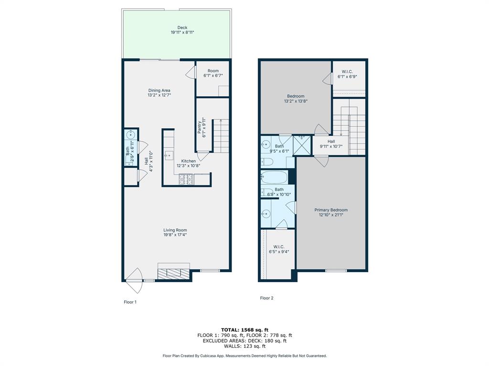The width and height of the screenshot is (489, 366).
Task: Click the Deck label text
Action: pyautogui.click(x=182, y=28)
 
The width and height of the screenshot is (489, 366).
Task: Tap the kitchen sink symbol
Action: pyautogui.click(x=168, y=155)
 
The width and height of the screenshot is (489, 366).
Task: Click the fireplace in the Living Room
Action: pyautogui.click(x=173, y=273)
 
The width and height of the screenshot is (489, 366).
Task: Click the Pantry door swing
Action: pyautogui.click(x=202, y=155)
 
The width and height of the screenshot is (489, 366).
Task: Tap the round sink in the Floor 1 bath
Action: pyautogui.click(x=130, y=135)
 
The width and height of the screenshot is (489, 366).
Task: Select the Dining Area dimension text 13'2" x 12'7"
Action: pyautogui.click(x=159, y=95)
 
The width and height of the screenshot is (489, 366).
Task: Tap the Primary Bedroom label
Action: pyautogui.click(x=331, y=210)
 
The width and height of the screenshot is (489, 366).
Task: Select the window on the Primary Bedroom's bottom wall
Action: pyautogui.click(x=336, y=271)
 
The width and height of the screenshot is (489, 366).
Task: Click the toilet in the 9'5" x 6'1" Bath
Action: pyautogui.click(x=266, y=161)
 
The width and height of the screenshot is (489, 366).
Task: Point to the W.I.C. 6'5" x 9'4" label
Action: pyautogui.click(x=279, y=249)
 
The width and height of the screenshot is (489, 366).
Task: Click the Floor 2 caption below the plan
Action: pyautogui.click(x=266, y=298)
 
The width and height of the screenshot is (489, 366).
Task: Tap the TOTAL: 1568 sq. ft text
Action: pyautogui.click(x=244, y=330)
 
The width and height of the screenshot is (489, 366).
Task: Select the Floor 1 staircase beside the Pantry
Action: pyautogui.click(x=221, y=136)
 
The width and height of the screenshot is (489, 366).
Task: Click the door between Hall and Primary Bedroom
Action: pyautogui.click(x=320, y=161)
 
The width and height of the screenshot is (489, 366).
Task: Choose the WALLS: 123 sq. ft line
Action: pyautogui.click(x=244, y=346)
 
